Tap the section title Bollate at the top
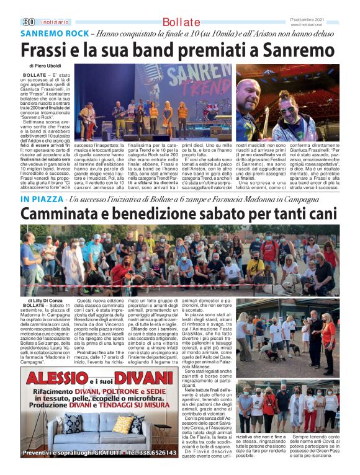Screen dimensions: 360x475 click(x=181, y=22)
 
